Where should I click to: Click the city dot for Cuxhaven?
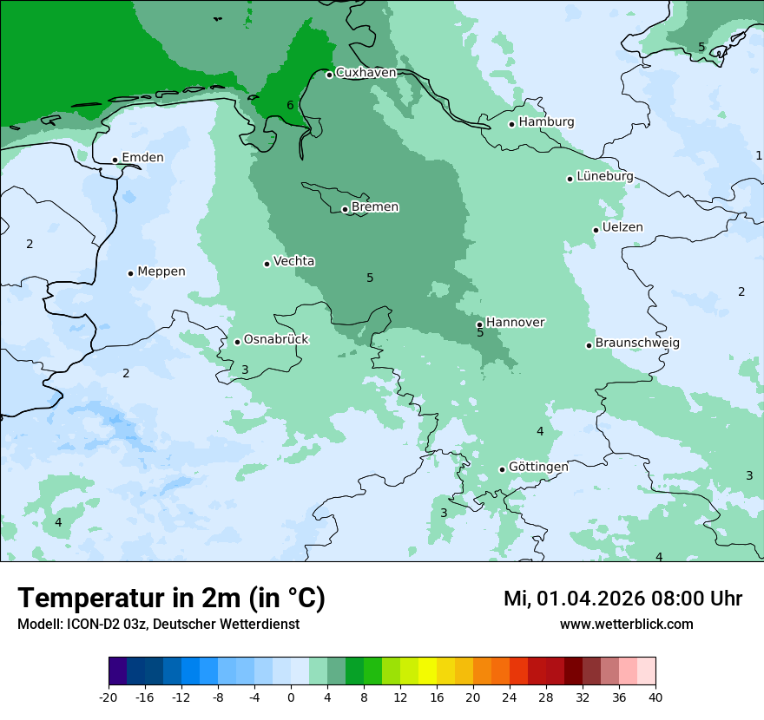click(x=329, y=75)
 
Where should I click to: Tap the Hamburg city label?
click(x=546, y=122)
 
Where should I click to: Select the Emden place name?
click(x=142, y=158)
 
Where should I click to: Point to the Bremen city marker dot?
click(x=345, y=209)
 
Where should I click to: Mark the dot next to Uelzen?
click(x=596, y=230)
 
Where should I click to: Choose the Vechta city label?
click(x=293, y=261)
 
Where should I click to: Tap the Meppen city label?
click(x=161, y=272)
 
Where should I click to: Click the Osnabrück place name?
click(x=276, y=339)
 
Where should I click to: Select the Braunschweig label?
click(x=637, y=343)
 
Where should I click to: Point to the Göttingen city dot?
click(x=502, y=469)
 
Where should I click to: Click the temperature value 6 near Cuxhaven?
click(x=290, y=106)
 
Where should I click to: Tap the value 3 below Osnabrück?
click(x=245, y=370)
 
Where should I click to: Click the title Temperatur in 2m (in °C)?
click(x=171, y=599)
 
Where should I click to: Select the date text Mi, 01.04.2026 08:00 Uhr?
click(x=622, y=599)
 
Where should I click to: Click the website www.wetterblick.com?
click(x=626, y=625)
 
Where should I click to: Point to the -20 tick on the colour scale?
click(x=109, y=697)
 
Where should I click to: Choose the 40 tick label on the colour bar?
click(x=655, y=697)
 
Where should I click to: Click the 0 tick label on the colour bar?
click(x=291, y=697)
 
